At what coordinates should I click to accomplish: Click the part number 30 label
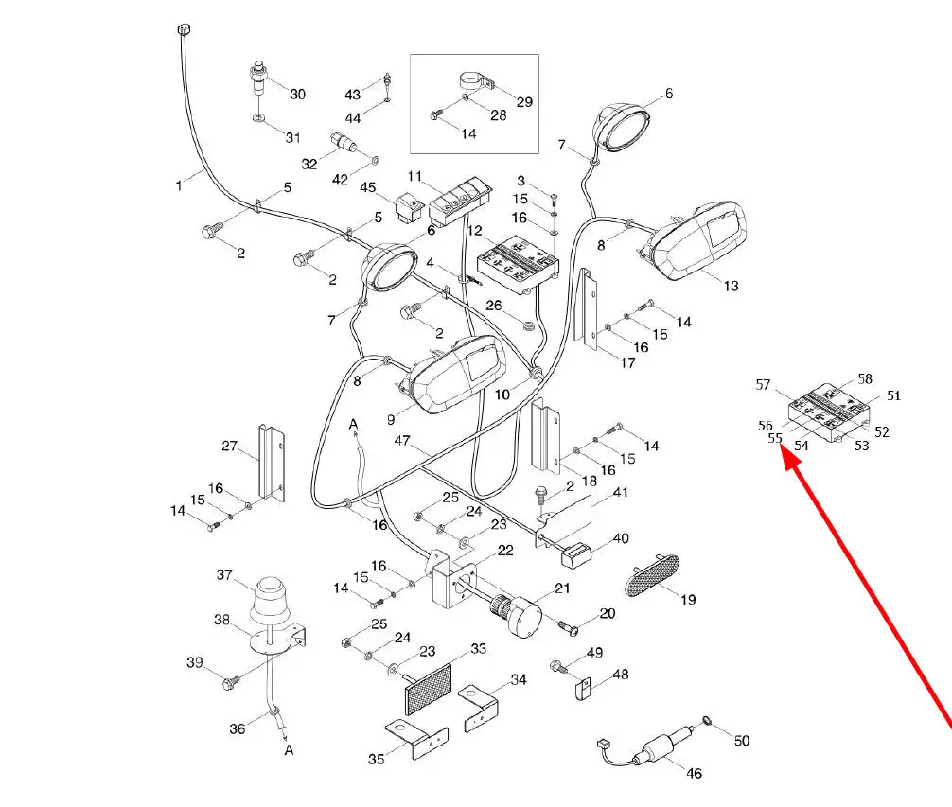click(297, 94)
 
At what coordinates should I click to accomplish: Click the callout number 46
click(694, 773)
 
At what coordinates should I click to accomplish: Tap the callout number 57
click(765, 384)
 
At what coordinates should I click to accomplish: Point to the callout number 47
click(402, 441)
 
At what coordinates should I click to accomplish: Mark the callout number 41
click(620, 492)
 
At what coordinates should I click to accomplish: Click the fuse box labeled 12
click(516, 264)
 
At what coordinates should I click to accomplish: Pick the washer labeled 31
click(258, 119)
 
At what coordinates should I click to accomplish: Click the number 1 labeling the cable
click(178, 185)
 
